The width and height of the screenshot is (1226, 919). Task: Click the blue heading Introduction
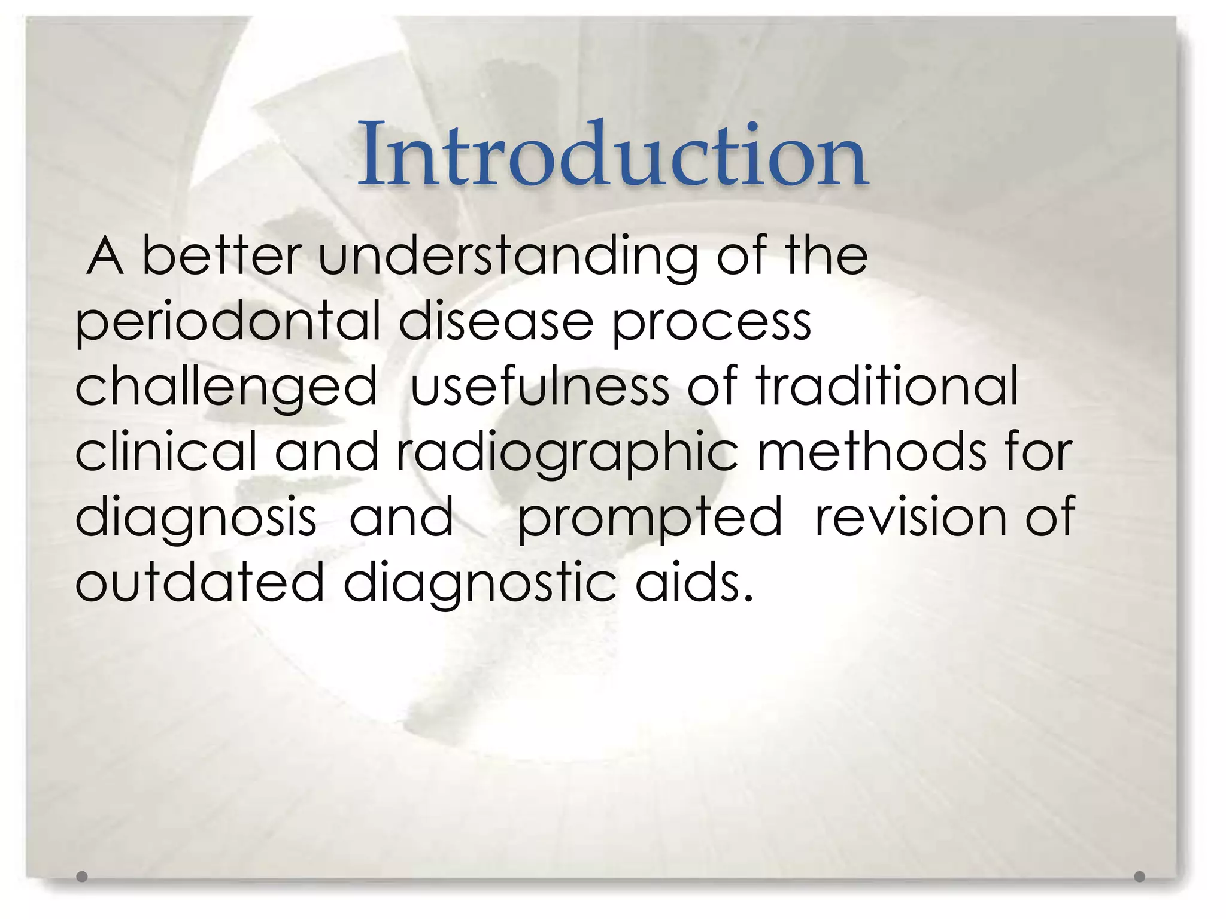612,154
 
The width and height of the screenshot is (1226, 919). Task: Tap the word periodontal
227,322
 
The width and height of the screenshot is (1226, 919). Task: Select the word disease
496,322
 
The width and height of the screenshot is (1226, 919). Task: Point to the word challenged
226,388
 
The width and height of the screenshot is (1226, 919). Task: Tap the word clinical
166,452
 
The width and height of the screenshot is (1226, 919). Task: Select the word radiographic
567,453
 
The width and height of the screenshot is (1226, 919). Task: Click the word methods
872,452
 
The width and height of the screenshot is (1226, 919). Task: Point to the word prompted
650,518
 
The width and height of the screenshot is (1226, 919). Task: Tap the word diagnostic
480,583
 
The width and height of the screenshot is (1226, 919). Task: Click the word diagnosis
196,518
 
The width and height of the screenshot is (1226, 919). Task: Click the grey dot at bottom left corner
82,877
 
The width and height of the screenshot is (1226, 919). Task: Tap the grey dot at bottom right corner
1140,877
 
